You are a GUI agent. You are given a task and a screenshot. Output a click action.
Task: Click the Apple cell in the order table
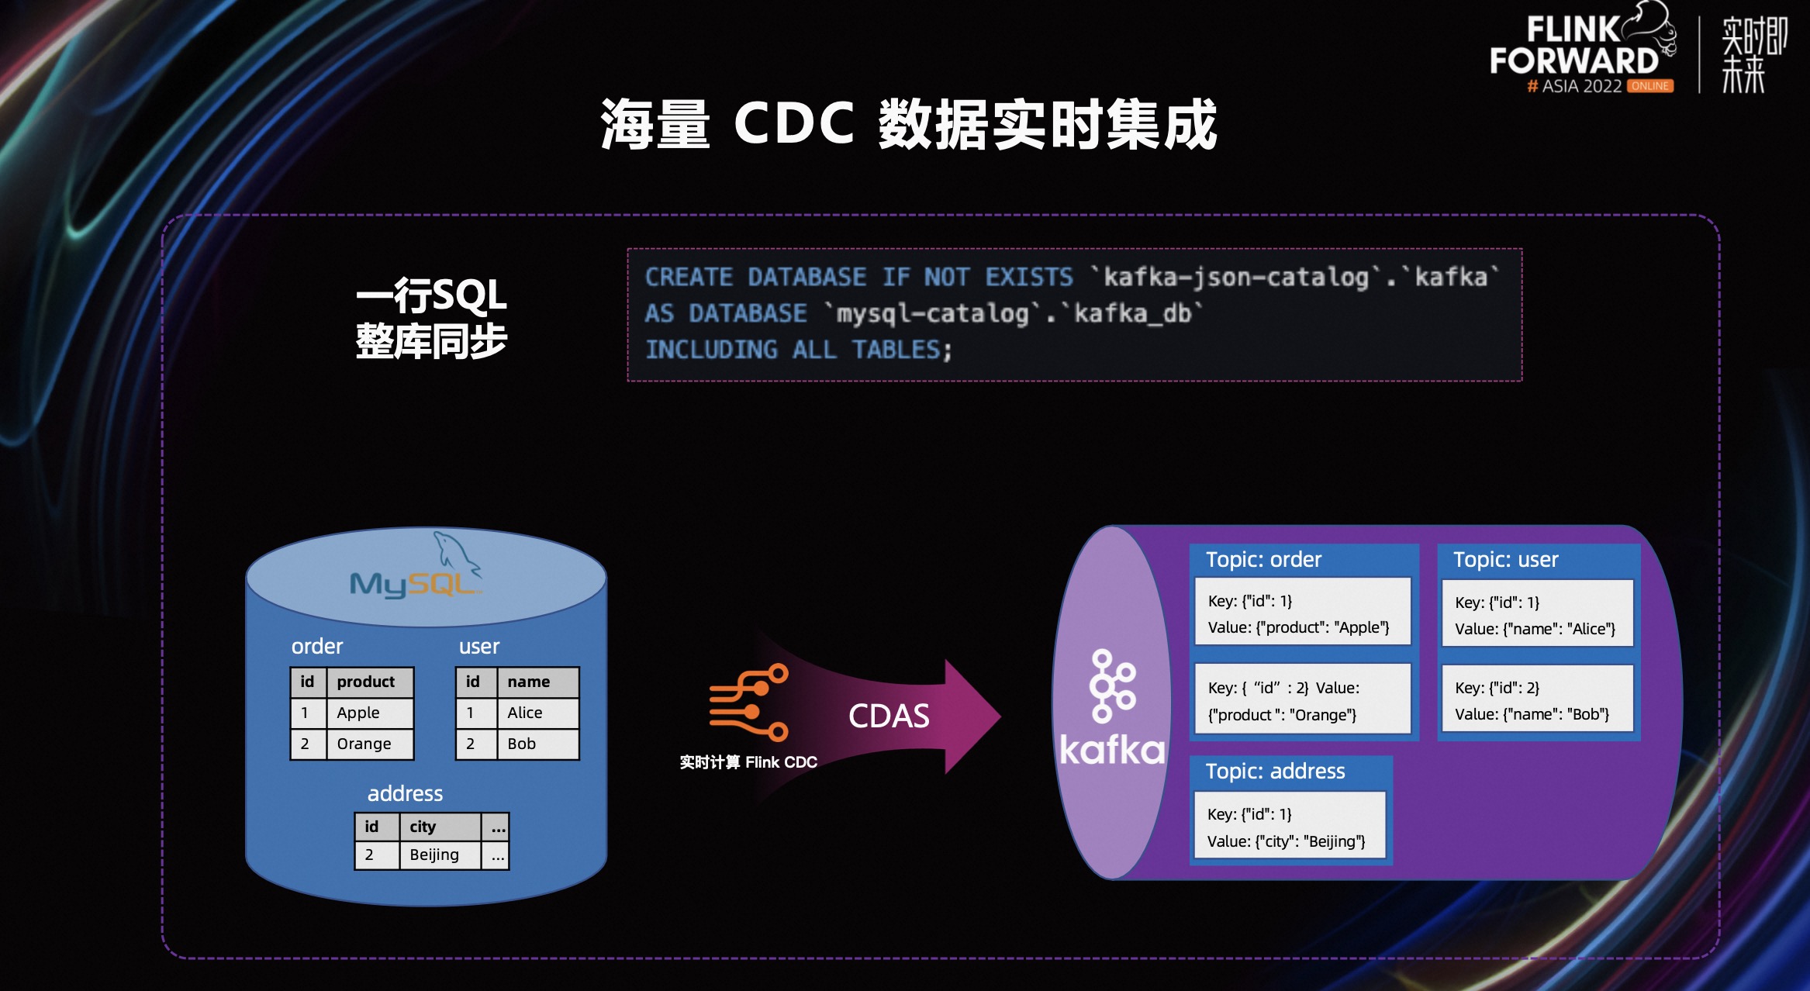coord(358,713)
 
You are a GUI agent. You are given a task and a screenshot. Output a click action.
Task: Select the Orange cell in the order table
coord(364,744)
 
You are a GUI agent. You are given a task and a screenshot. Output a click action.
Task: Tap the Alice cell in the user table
coord(525,713)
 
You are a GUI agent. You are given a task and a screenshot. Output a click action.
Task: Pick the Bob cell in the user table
coord(522,744)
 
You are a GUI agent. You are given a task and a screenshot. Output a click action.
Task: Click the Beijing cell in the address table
coord(434,855)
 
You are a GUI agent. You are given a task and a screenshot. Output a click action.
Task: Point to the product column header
coord(366,682)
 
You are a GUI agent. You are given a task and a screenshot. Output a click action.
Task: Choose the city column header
coord(423,827)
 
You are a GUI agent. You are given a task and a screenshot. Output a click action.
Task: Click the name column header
coord(529,682)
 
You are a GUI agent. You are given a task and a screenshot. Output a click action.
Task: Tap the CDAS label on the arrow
coord(889,716)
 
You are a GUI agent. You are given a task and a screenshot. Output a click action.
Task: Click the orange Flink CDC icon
coord(748,702)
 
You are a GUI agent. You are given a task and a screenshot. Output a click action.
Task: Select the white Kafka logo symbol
coord(1112,686)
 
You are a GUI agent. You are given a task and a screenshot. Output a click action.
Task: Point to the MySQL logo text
coord(411,584)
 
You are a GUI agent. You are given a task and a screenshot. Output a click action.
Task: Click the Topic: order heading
coord(1263,560)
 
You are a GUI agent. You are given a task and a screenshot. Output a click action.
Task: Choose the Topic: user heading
coord(1505,560)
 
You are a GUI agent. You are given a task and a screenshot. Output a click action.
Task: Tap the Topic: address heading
coord(1275,772)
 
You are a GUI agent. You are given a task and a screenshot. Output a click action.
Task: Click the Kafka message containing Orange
coord(1302,700)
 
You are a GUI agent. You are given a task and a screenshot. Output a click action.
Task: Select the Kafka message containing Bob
coord(1537,699)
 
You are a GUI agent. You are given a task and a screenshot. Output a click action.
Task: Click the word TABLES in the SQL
coord(896,350)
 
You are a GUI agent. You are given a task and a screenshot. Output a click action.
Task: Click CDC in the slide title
coord(794,124)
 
